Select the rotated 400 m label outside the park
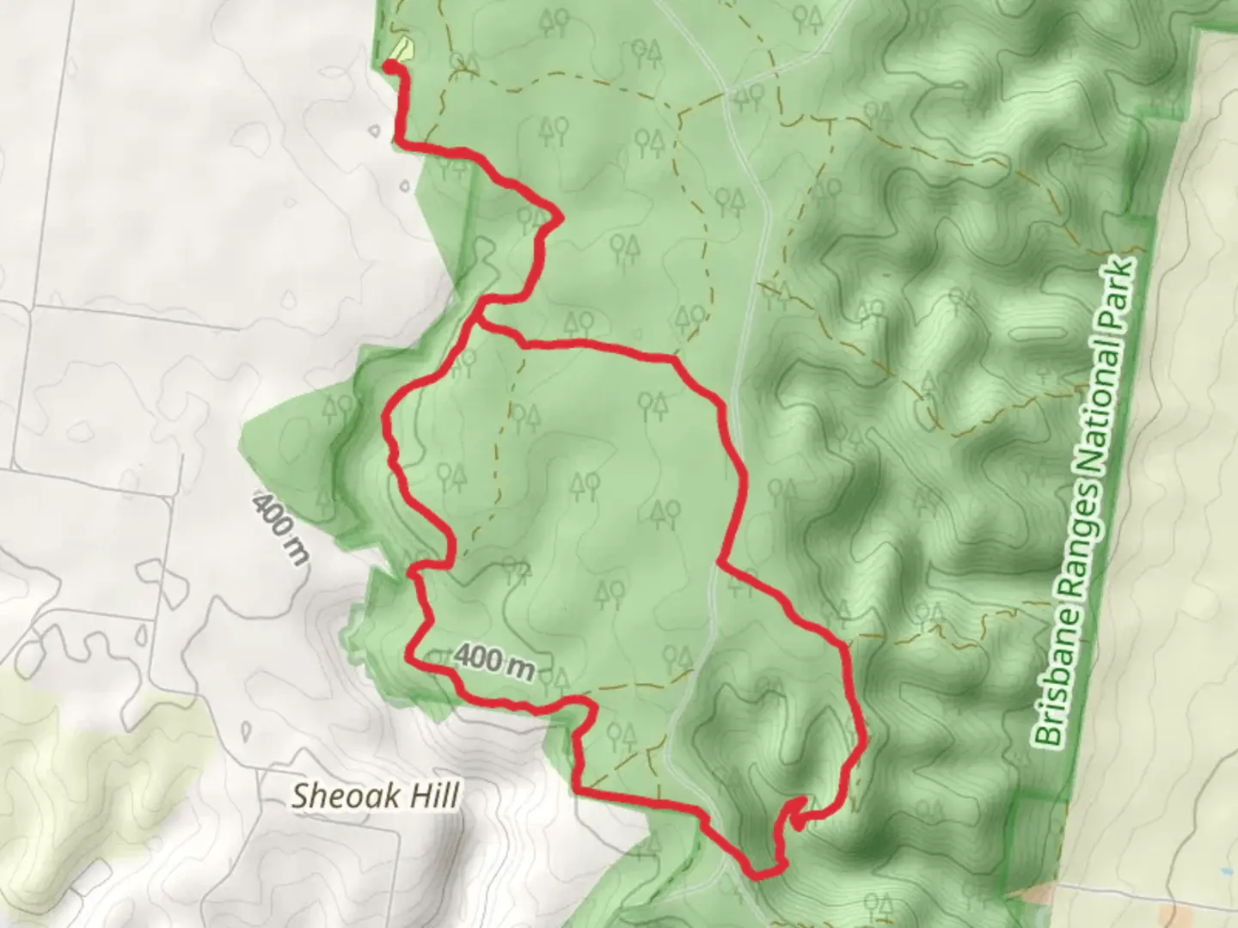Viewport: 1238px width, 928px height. tap(280, 528)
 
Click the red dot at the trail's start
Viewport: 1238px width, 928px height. tap(389, 66)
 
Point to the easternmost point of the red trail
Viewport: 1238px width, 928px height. tap(860, 739)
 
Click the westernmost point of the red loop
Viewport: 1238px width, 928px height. tap(385, 421)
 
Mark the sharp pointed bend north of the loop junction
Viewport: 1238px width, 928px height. tap(561, 219)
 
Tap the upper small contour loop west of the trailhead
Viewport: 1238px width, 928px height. tap(376, 132)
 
